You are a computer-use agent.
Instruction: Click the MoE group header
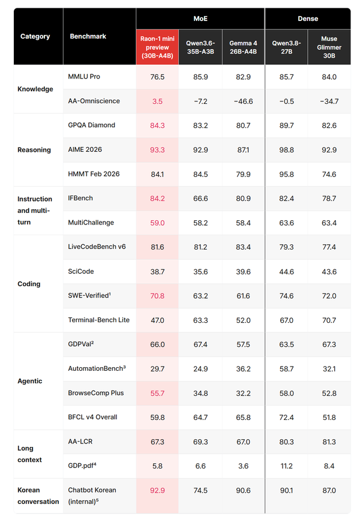tap(200, 19)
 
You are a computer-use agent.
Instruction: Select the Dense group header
tap(308, 19)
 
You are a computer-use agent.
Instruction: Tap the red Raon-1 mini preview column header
tap(157, 47)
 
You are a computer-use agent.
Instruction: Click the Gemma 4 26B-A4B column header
tap(243, 47)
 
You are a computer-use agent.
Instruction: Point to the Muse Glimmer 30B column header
tap(329, 47)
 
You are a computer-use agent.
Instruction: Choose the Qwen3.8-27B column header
tap(287, 47)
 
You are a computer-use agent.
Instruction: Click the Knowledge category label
tap(35, 89)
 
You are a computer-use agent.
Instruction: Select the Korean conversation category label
tap(38, 496)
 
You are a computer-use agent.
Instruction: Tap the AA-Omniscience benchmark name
tap(94, 101)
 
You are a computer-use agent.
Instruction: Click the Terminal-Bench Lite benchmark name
tap(98, 320)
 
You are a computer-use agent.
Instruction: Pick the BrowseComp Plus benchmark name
tap(95, 393)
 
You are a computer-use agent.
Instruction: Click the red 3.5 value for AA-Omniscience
tap(157, 101)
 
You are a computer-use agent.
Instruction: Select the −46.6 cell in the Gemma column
tap(243, 101)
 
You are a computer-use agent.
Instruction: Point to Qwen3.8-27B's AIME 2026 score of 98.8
tap(287, 150)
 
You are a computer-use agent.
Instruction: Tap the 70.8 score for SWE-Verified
tap(157, 296)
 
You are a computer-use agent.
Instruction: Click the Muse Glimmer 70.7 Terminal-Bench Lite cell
tap(329, 320)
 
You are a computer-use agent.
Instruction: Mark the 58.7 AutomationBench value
tap(287, 369)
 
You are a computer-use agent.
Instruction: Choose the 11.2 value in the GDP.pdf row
tap(287, 466)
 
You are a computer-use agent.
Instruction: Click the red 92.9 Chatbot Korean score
tap(157, 490)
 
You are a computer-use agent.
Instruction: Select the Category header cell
tap(35, 36)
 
